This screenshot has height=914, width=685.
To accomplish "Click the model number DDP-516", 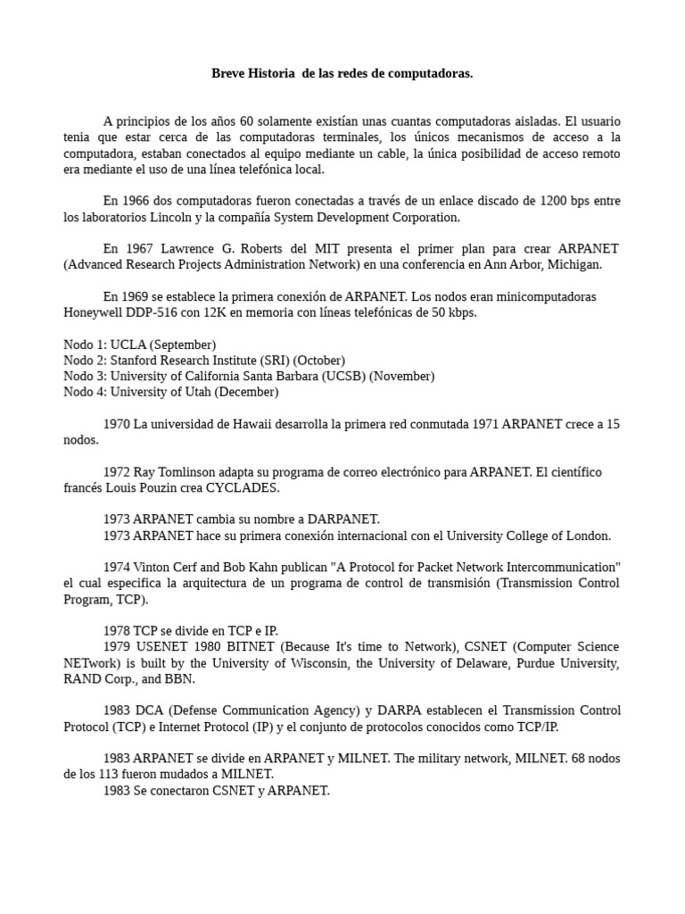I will [156, 312].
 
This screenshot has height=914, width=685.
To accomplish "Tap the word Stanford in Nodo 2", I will [135, 360].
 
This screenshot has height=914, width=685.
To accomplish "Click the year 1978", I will [117, 630].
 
